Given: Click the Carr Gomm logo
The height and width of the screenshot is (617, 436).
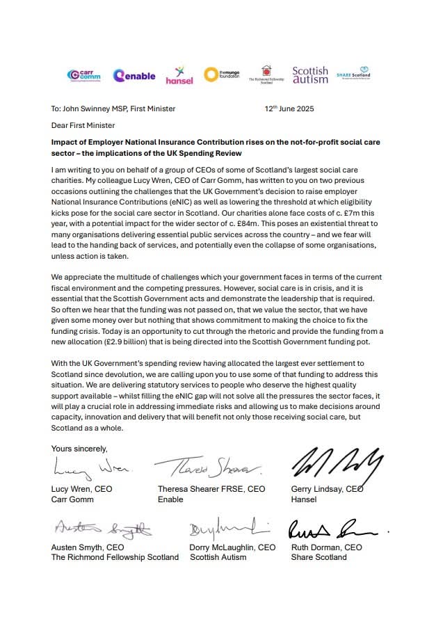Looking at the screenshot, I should tap(83, 74).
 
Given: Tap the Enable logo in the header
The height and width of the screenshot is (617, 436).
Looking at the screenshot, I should tap(134, 75).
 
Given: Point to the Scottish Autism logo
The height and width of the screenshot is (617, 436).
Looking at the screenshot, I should tap(309, 74).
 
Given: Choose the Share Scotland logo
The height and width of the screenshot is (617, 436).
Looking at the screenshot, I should tap(353, 75).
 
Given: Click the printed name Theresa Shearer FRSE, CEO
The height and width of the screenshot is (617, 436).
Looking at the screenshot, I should tap(211, 489).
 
